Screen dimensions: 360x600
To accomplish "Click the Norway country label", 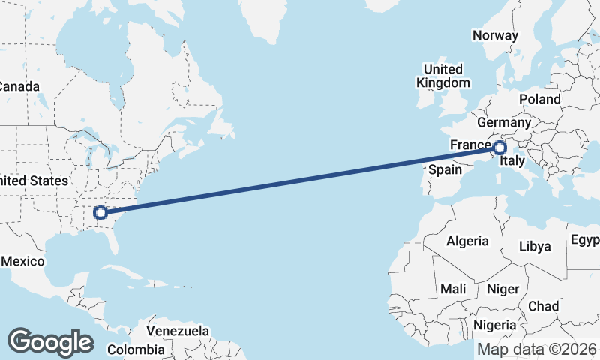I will point(495,35).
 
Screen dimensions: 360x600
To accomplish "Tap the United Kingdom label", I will point(443,76).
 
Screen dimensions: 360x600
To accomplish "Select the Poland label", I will point(539,99).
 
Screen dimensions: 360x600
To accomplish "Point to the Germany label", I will point(503,122).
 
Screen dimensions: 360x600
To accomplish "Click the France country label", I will point(469,145).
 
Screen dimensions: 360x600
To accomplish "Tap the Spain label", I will point(445,170).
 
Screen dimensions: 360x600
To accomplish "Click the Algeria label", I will point(467,241).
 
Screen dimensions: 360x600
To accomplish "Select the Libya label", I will point(535,246).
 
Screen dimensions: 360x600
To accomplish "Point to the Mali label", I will point(453,289).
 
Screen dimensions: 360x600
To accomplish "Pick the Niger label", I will point(502,289).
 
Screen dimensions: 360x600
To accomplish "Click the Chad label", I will point(543,306).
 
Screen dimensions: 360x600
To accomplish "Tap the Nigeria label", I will point(495,325).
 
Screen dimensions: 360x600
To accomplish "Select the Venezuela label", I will point(178,331).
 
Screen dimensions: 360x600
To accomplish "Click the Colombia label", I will point(135,349).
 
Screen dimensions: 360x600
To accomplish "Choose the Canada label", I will point(18,86).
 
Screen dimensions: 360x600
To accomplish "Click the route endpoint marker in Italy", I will point(499,148).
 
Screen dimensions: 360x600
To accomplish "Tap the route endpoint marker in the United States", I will point(100,213).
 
